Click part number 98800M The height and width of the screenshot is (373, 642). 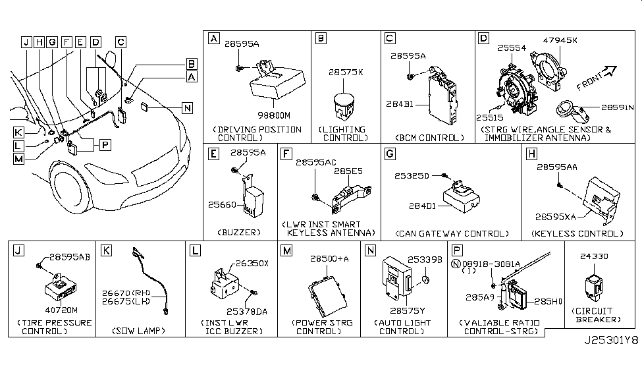pyautogui.click(x=269, y=115)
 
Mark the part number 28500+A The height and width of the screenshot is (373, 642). pyautogui.click(x=329, y=261)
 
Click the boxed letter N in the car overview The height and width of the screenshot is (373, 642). pyautogui.click(x=188, y=107)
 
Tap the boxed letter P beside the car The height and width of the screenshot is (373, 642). pyautogui.click(x=105, y=142)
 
